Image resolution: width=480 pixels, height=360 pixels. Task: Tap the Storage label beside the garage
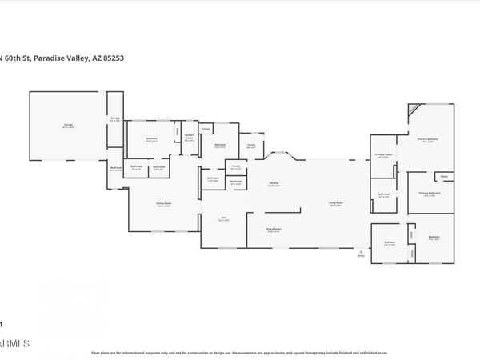click(115, 119)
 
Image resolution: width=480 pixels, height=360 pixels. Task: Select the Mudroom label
click(115, 168)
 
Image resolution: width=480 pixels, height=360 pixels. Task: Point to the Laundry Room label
click(190, 136)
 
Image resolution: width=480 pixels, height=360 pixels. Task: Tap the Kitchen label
click(274, 184)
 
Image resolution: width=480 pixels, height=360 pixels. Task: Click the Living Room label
click(337, 204)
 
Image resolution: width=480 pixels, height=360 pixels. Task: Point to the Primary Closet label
click(383, 155)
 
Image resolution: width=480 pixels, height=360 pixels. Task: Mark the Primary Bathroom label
click(430, 194)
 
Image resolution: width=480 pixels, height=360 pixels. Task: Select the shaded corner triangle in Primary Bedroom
click(412, 109)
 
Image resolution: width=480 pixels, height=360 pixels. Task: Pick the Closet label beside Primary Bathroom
click(443, 176)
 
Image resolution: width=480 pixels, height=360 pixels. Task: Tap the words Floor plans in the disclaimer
click(102, 352)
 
